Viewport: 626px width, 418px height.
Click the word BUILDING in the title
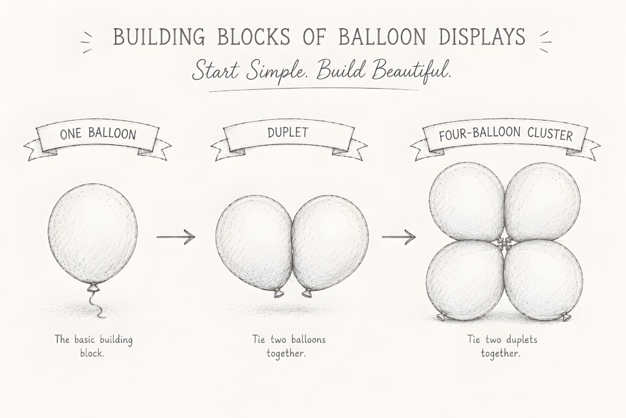click(159, 37)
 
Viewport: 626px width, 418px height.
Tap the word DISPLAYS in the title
click(482, 36)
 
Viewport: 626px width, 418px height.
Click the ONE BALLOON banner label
click(98, 133)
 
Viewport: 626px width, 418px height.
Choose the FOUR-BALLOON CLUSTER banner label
click(506, 134)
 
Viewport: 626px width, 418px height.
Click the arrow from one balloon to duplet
click(175, 237)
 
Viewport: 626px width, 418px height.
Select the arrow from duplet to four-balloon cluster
click(399, 237)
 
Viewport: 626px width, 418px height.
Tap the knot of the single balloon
click(94, 287)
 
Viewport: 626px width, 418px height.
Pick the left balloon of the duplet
click(254, 243)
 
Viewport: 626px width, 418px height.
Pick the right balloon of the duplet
click(330, 243)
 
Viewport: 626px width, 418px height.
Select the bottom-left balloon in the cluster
click(465, 280)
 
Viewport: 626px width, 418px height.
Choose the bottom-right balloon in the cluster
click(543, 280)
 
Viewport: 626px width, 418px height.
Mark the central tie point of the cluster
click(504, 241)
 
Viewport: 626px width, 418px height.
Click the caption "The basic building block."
click(94, 346)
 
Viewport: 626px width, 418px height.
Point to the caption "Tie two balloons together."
click(289, 346)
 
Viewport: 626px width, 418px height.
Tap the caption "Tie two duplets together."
click(503, 346)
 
